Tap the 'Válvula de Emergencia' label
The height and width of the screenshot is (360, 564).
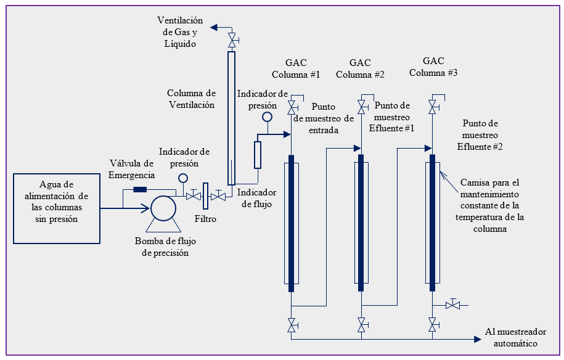[131, 169]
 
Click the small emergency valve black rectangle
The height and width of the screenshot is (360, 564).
[140, 189]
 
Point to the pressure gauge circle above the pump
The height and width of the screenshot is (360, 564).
[183, 178]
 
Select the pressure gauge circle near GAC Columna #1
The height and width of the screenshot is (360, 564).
[267, 117]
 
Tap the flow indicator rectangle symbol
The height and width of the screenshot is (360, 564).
[258, 155]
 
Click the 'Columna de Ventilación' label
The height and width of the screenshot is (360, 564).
[192, 99]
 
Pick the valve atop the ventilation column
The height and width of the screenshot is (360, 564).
[232, 41]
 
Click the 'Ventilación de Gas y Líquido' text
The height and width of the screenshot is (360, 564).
[180, 33]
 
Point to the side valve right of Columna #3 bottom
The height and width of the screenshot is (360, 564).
[453, 305]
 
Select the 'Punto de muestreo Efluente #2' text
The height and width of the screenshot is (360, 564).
[480, 135]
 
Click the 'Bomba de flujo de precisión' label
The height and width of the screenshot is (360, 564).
[162, 247]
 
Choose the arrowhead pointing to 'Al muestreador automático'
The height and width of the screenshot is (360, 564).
[478, 339]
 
